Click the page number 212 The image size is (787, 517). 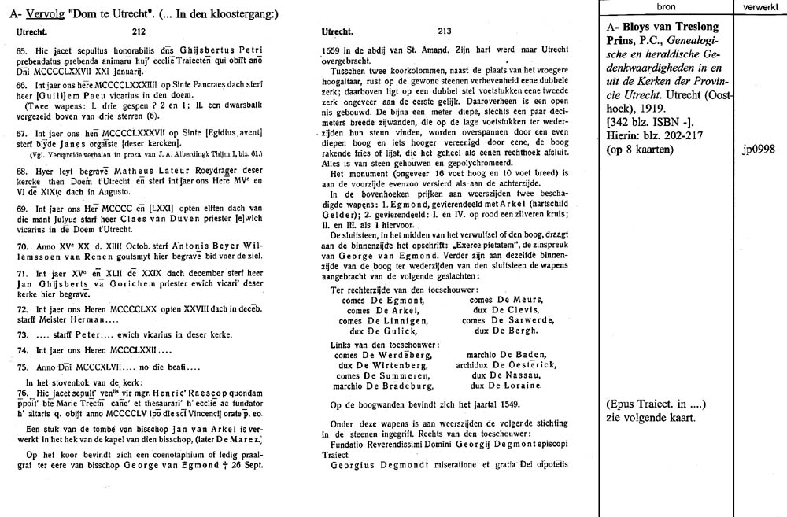tap(139, 32)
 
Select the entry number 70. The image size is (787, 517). tap(21, 246)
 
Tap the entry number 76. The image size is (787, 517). tap(21, 392)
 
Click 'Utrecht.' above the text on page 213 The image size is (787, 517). tap(339, 32)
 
